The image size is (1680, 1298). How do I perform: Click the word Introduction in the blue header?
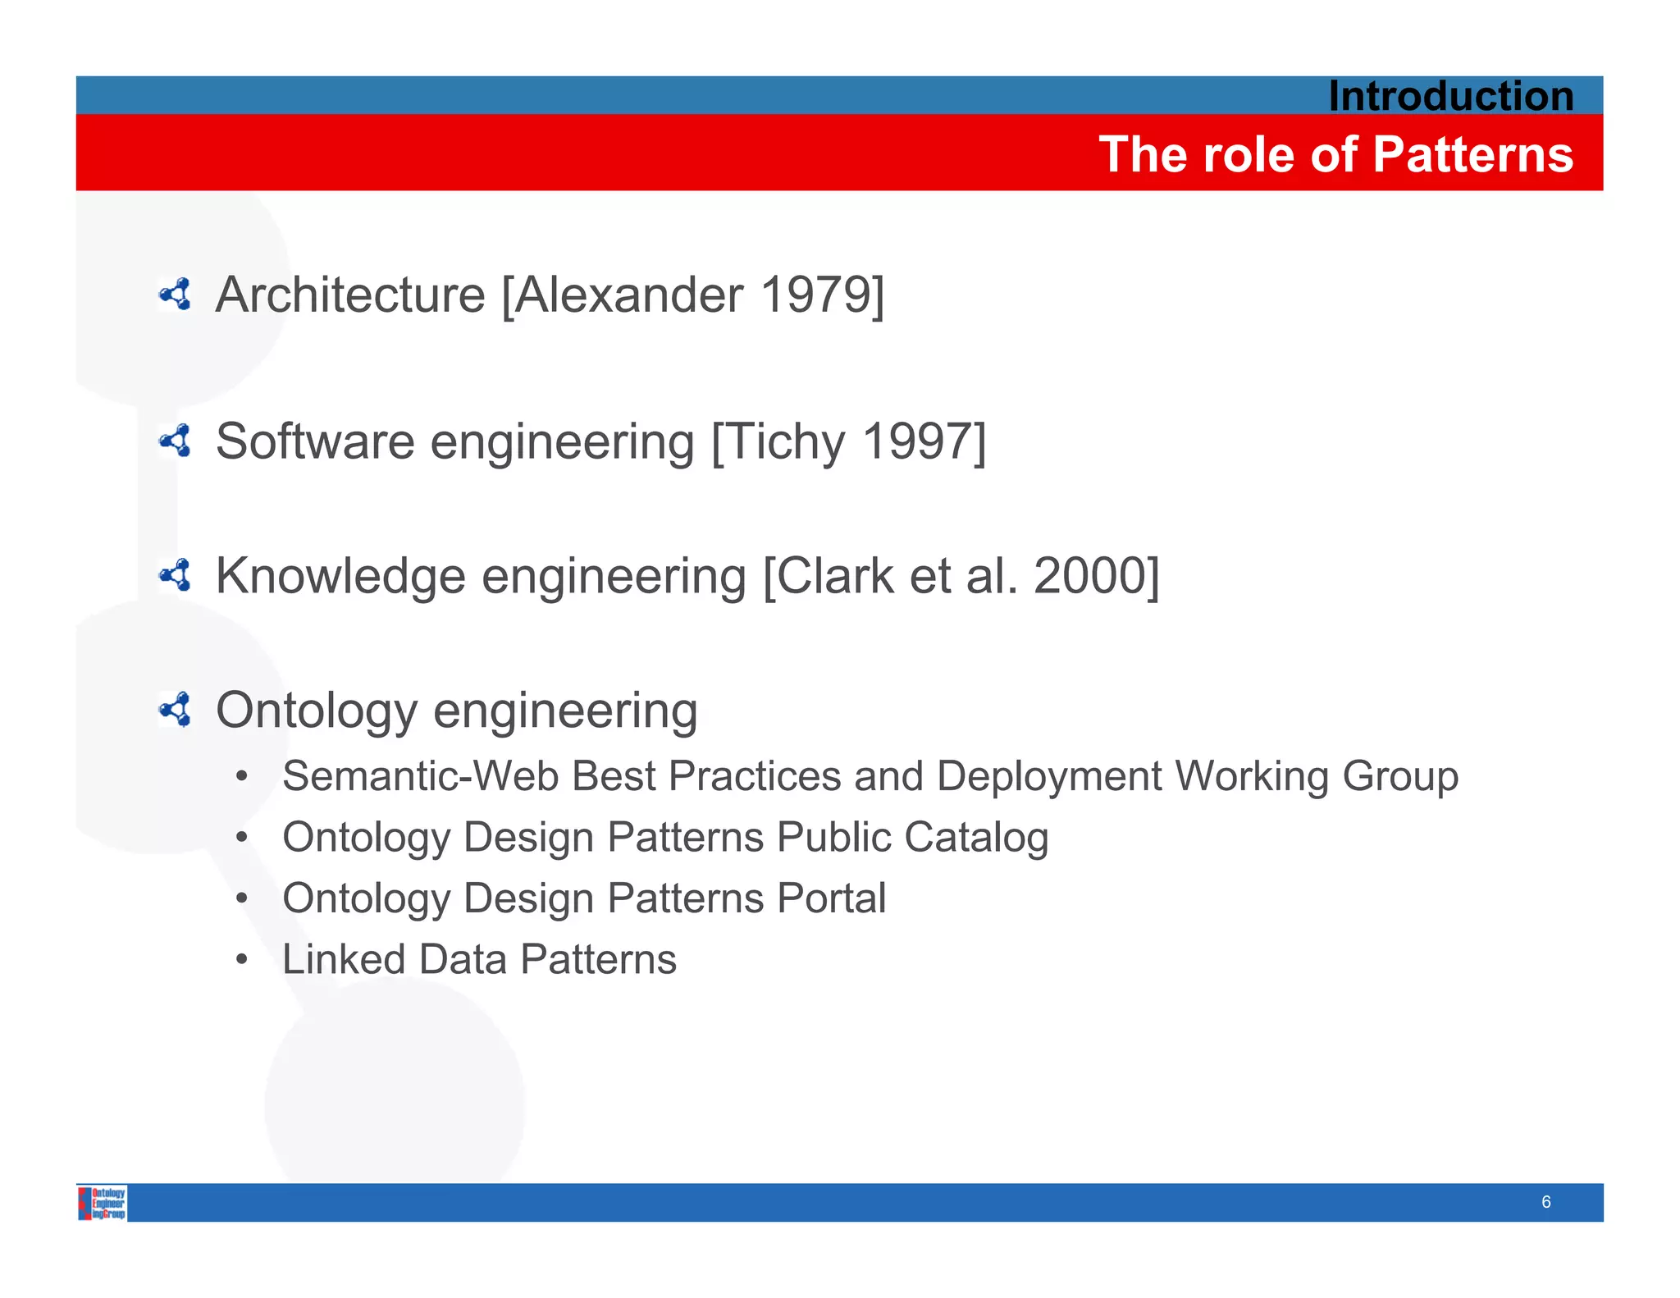click(1450, 96)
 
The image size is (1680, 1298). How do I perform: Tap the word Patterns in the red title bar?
click(1472, 154)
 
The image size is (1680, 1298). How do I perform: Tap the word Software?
click(315, 441)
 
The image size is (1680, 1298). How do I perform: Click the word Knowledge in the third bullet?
click(340, 576)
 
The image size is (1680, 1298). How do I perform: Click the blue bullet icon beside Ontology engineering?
click(176, 710)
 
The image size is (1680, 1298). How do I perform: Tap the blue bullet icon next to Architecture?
click(176, 295)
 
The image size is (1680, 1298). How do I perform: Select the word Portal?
click(831, 898)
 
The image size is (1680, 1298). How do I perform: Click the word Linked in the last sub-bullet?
click(344, 959)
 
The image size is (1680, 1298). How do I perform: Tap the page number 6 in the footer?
click(1545, 1202)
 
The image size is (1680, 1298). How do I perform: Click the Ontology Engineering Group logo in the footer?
click(103, 1203)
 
